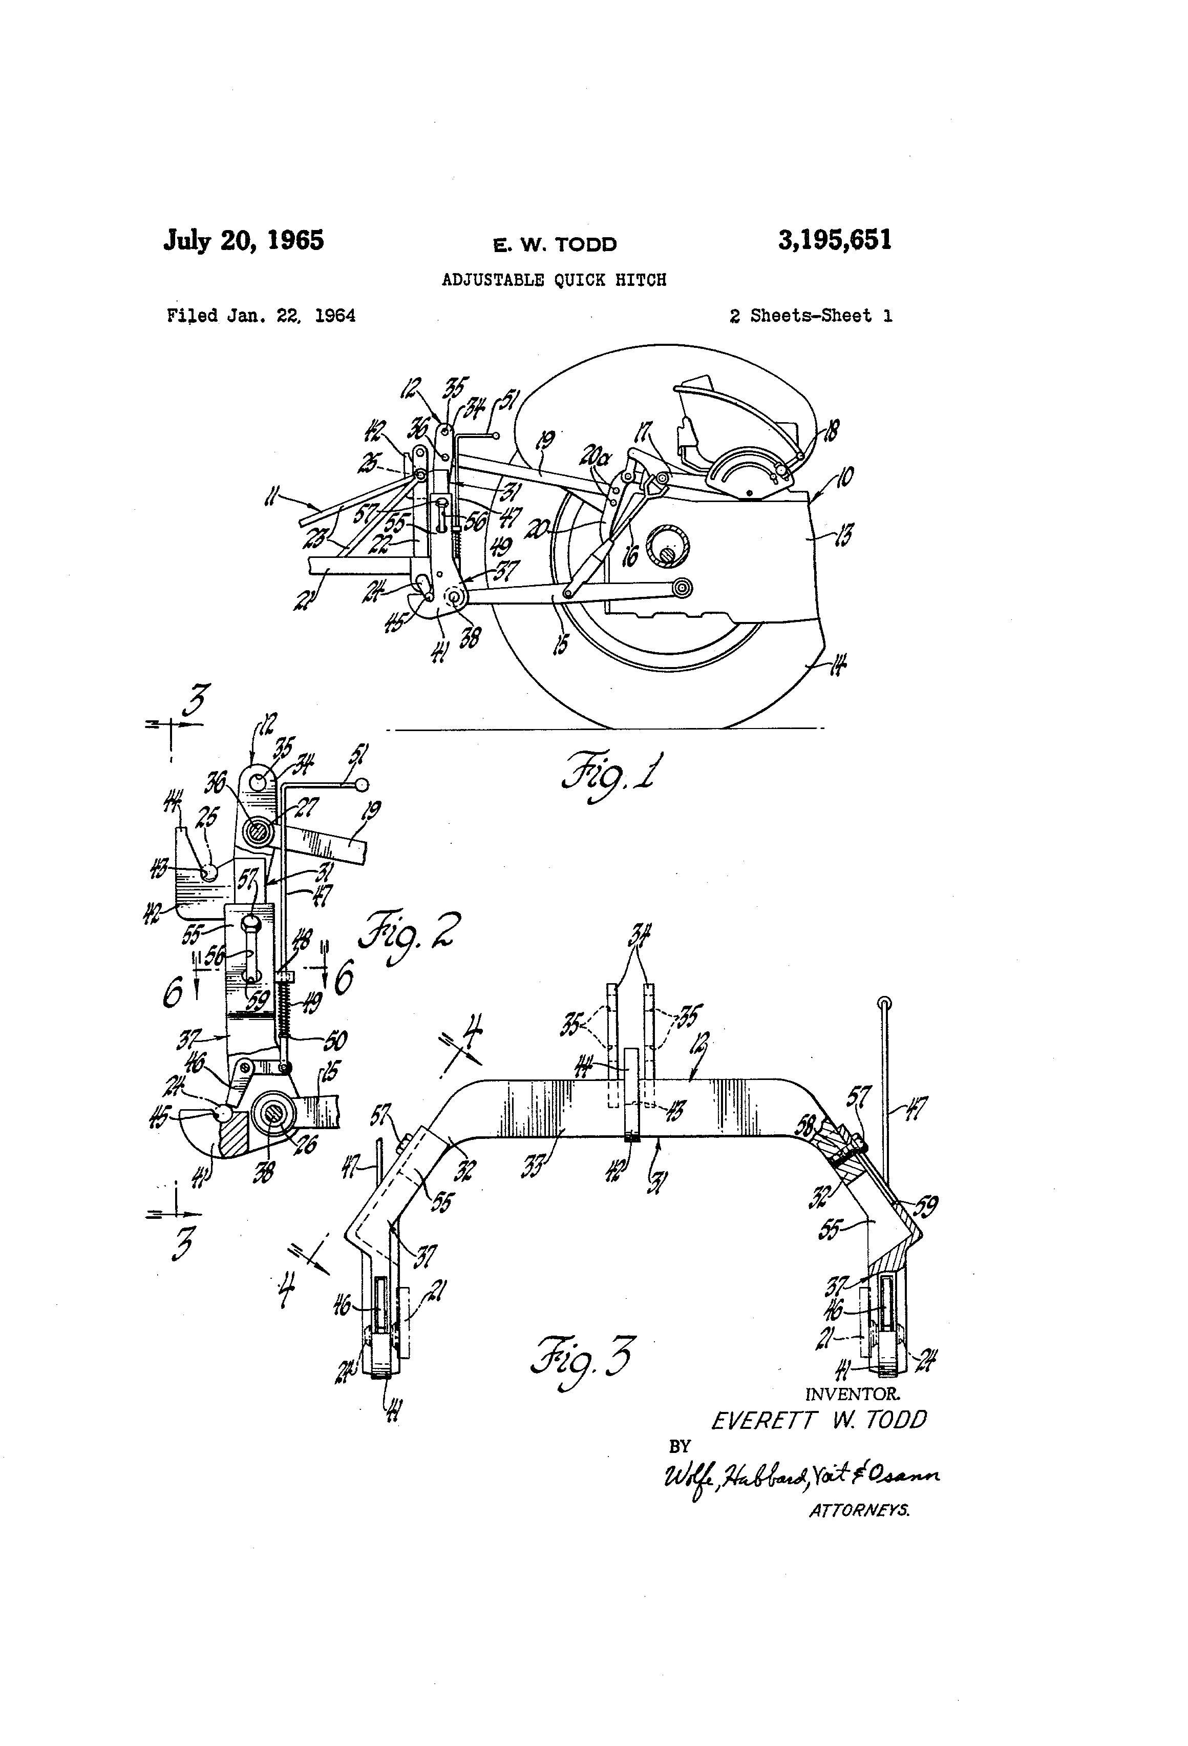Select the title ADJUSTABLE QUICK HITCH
(554, 280)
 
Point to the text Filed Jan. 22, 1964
(261, 316)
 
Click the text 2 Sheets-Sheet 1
(810, 316)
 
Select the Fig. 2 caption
(409, 936)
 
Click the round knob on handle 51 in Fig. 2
(362, 785)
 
